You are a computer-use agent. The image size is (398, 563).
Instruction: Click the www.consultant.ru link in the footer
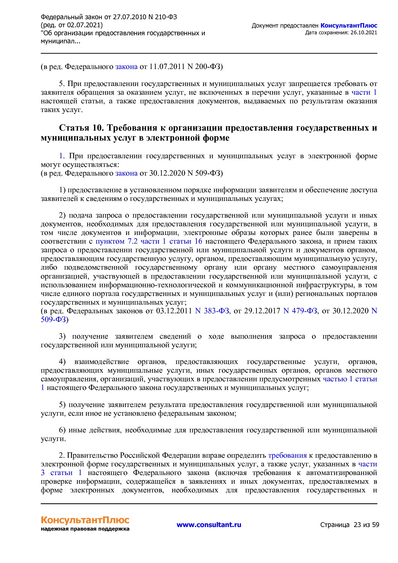(x=209, y=525)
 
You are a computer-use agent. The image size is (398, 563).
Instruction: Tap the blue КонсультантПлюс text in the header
(x=349, y=26)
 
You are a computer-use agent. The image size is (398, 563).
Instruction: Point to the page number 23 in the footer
(x=357, y=525)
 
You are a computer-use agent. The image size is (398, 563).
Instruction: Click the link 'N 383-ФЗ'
(x=212, y=311)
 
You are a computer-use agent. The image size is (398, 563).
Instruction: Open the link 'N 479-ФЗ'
(x=300, y=311)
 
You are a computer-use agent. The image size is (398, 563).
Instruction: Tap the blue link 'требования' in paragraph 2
(x=287, y=455)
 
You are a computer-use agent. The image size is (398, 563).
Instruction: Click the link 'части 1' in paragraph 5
(x=364, y=92)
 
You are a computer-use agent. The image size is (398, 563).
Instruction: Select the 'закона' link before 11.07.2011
(x=126, y=67)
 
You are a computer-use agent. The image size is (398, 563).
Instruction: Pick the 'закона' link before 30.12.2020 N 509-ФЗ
(x=126, y=173)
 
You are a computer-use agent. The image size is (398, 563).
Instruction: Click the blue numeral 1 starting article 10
(x=61, y=156)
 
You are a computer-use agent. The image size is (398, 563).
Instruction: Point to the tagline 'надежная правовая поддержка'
(x=85, y=529)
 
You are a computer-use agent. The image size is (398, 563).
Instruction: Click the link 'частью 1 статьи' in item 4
(x=350, y=379)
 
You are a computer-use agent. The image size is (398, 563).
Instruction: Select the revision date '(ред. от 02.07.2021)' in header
(x=72, y=25)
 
